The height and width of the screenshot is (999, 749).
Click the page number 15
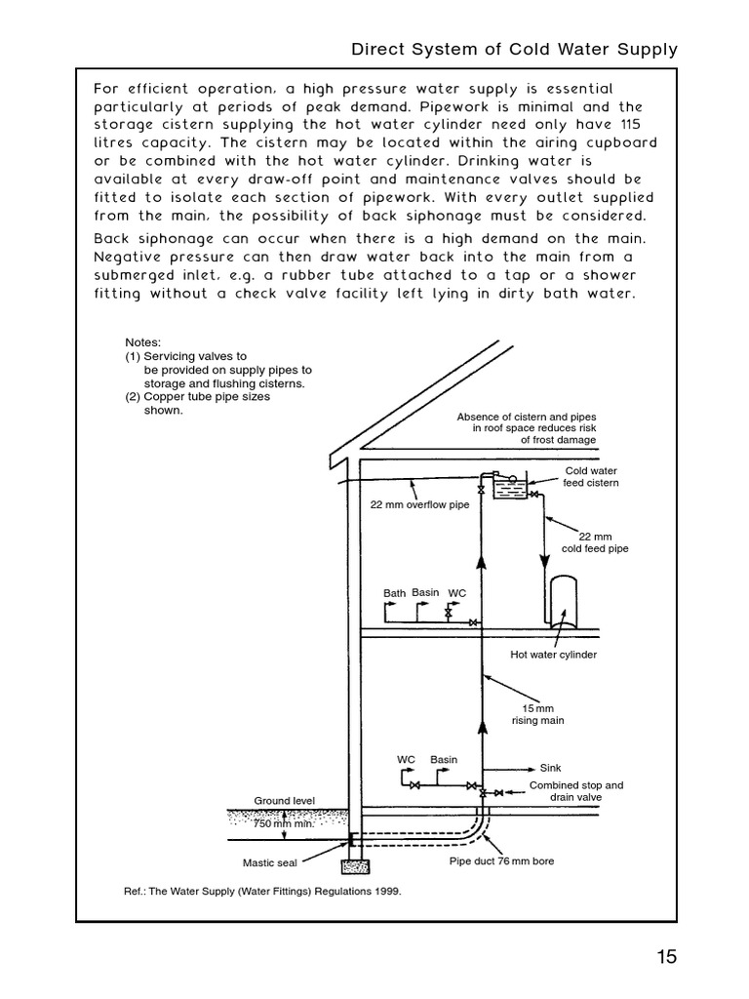tap(666, 957)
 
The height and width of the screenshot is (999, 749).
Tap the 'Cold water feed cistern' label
tap(592, 477)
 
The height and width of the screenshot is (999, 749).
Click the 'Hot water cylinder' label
tap(554, 655)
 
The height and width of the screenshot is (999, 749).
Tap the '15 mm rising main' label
tap(538, 714)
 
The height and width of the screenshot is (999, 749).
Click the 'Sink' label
tap(551, 768)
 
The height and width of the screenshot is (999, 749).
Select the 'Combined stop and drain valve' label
tap(575, 790)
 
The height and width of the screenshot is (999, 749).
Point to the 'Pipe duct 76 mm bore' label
tap(501, 861)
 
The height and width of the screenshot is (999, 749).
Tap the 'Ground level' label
tap(285, 801)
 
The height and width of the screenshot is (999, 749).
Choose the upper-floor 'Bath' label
tap(394, 593)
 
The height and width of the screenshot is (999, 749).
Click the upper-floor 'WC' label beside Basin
tap(456, 593)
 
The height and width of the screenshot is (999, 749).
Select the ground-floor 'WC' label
tap(407, 759)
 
